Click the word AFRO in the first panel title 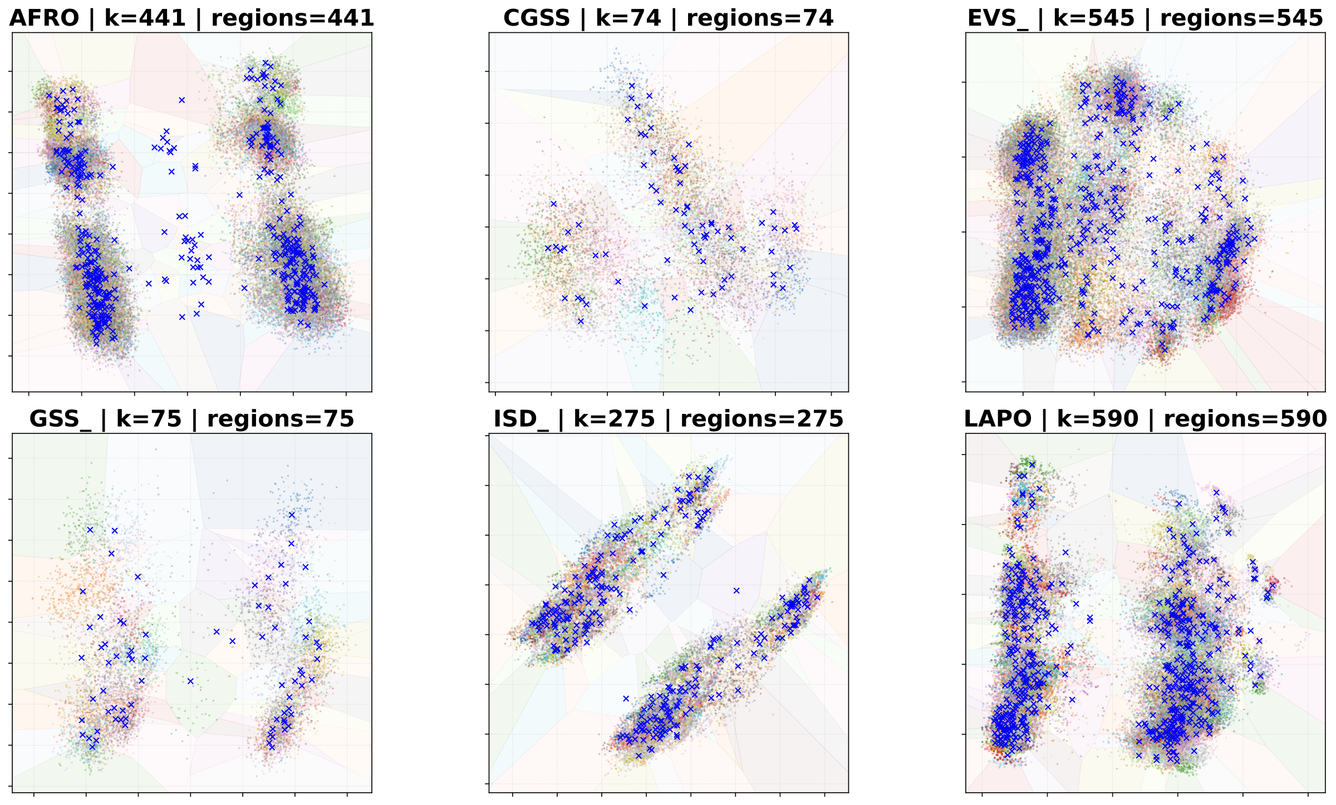45,18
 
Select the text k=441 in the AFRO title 145,18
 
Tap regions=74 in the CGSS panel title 760,18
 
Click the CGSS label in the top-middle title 537,18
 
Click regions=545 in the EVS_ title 1241,18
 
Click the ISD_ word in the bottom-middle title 521,419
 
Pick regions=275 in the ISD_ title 762,419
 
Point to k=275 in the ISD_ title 614,419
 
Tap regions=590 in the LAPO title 1245,419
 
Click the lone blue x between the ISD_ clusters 737,590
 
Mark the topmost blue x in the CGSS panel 631,86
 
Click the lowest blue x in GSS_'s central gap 190,681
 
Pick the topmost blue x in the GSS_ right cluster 292,515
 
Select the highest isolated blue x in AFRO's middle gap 181,100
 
